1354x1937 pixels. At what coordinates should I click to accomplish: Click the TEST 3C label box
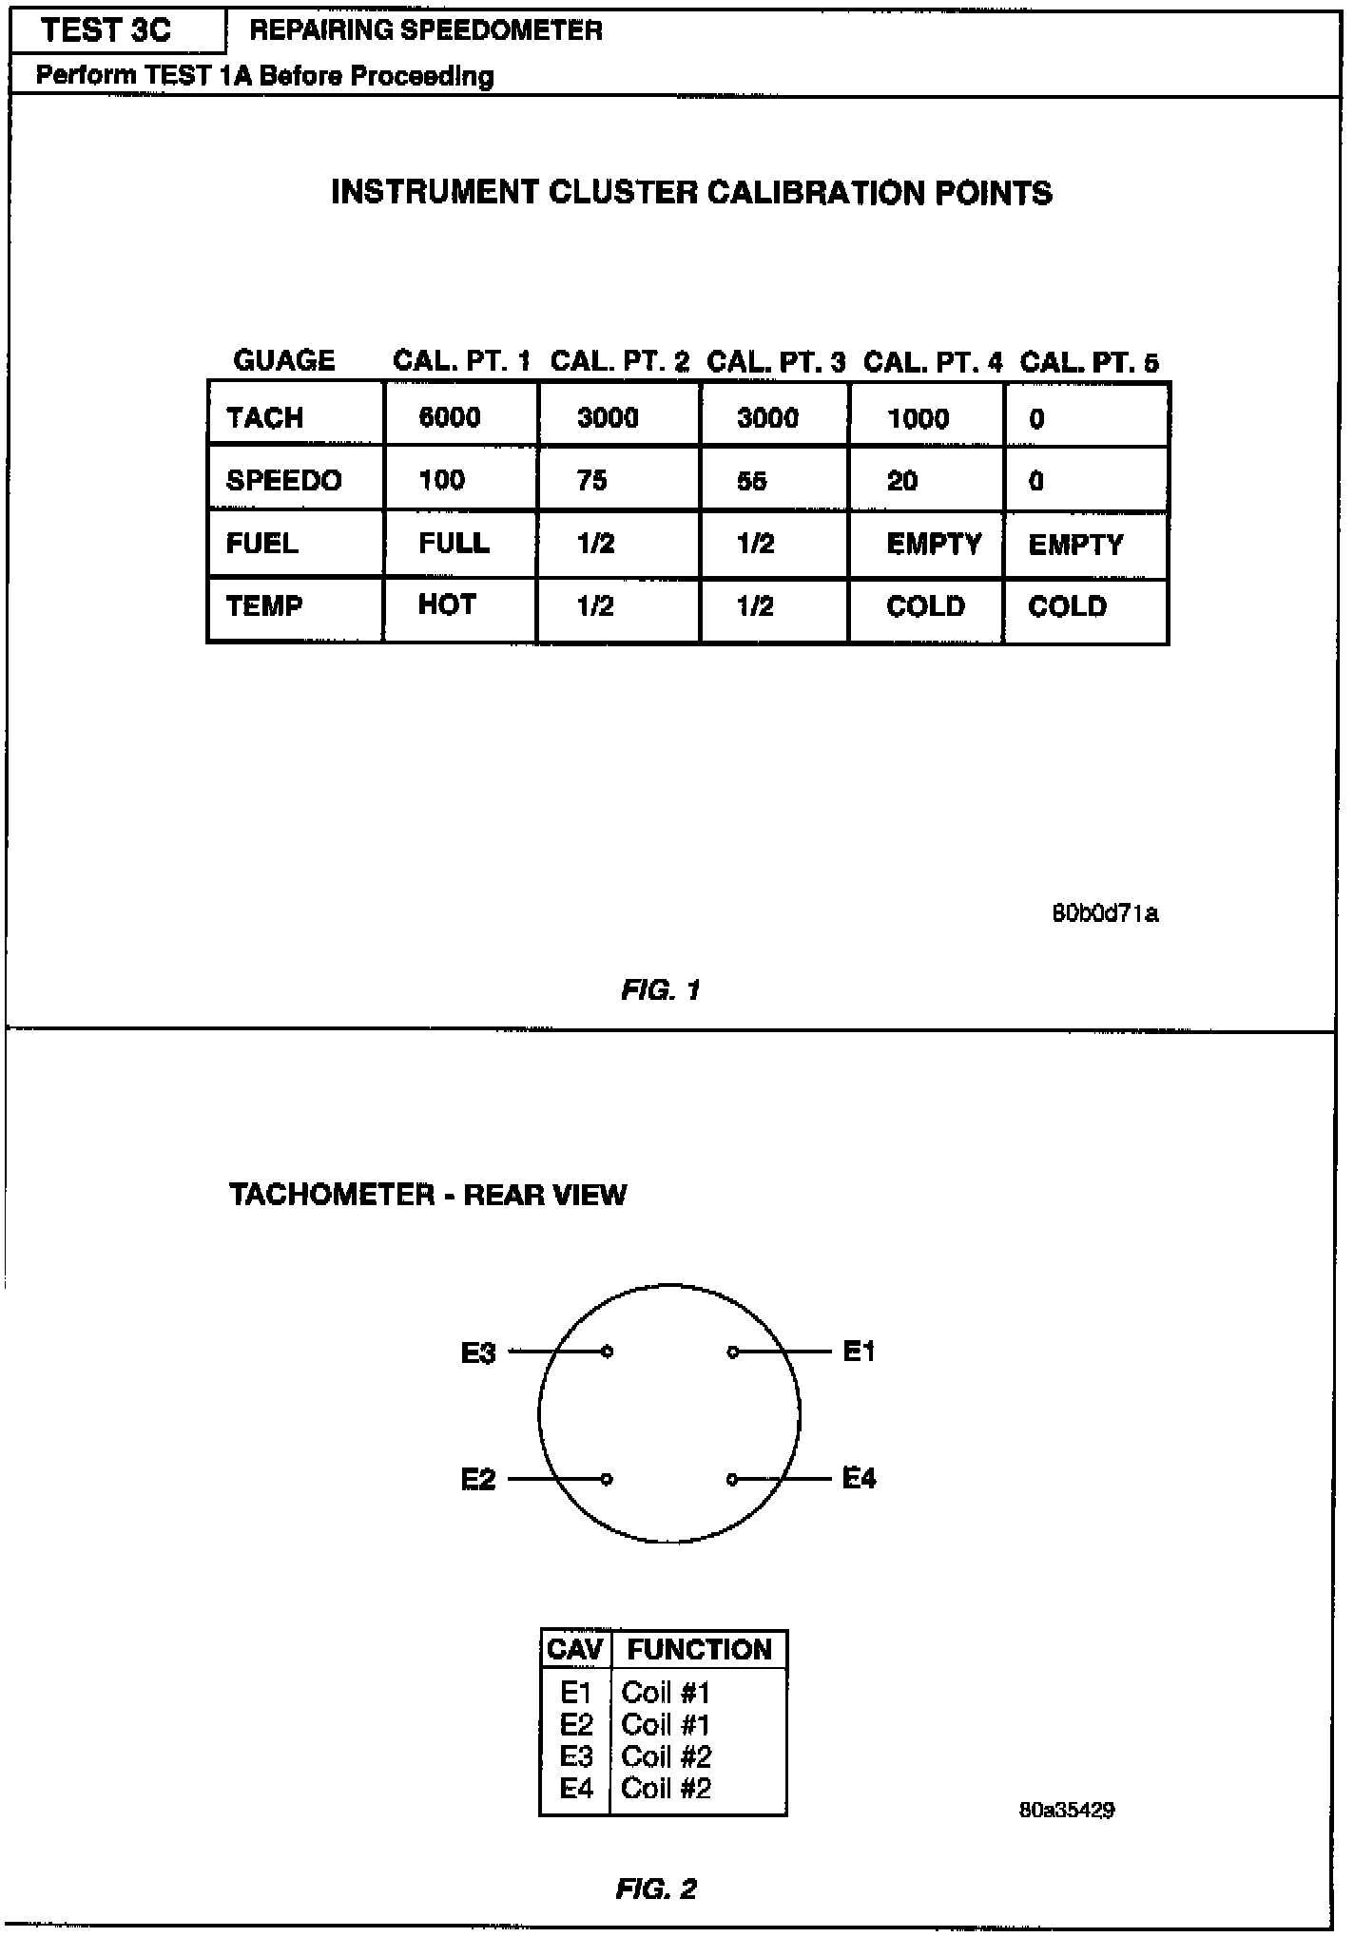106,30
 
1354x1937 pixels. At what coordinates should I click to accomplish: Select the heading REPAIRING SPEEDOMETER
426,30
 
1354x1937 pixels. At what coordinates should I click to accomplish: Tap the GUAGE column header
283,360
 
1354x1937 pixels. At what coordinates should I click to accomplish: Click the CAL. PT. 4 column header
932,362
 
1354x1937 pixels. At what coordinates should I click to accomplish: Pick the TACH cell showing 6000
450,417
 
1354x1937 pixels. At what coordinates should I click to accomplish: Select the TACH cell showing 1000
918,418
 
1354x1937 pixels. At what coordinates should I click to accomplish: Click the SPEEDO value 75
591,481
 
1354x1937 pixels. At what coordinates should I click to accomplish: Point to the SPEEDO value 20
902,481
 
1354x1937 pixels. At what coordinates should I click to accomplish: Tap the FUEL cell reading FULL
455,543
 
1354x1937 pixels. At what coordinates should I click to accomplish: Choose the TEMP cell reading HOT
447,605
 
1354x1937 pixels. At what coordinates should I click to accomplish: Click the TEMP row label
264,605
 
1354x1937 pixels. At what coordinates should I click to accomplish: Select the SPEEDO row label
283,480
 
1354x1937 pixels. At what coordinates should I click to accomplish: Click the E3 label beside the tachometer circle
478,1352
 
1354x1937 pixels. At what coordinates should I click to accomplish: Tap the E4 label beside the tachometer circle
859,1478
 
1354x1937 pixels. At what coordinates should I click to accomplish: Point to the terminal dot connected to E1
732,1352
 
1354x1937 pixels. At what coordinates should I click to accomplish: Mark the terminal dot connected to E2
607,1479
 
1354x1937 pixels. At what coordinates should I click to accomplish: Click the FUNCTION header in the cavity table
699,1649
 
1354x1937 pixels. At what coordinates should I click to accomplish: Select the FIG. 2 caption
656,1889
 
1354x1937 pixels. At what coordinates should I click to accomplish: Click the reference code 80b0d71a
1105,914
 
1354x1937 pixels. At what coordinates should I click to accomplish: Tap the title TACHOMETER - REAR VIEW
428,1195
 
